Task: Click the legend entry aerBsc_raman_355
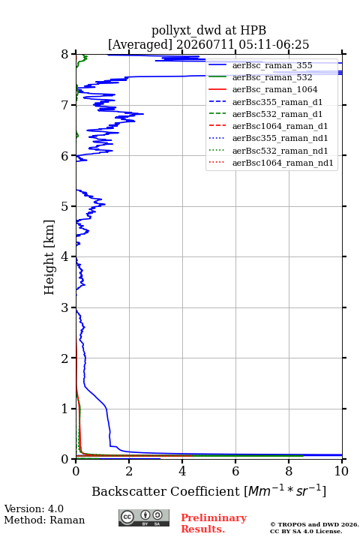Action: coord(272,65)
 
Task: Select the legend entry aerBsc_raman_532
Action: coord(272,77)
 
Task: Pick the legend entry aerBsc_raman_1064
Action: coord(275,89)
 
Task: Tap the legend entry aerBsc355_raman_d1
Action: coord(277,102)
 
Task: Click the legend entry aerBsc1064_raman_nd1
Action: coord(283,163)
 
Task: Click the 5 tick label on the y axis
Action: coord(65,206)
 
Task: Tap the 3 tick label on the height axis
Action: coord(65,307)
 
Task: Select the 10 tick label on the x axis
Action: coord(341,471)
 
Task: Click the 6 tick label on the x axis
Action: coord(235,471)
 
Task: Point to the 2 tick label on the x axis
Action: coord(129,471)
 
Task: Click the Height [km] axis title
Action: coord(49,257)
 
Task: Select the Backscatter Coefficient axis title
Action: coord(208,490)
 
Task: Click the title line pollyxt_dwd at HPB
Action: coord(208,30)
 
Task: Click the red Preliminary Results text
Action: coord(214,523)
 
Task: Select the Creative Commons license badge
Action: coord(144,518)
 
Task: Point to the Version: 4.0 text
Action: coord(34,508)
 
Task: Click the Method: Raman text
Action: coord(44,520)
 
